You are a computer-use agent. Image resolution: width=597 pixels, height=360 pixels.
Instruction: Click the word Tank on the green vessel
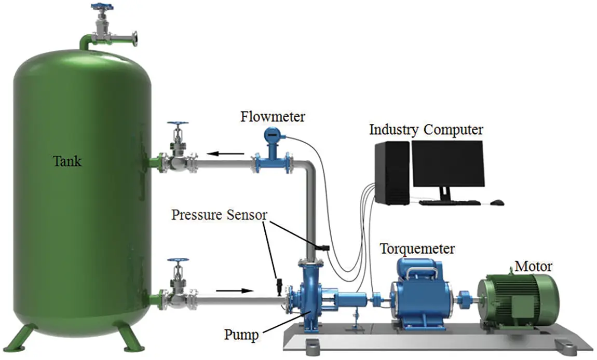coord(68,162)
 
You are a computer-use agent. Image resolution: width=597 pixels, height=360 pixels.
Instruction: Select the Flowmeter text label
coord(273,116)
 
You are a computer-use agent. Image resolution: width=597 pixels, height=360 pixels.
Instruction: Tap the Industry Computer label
coord(426,129)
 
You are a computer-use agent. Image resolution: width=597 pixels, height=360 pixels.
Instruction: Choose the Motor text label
coord(533,267)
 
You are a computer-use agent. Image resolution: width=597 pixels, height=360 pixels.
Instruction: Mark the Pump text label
coord(241,335)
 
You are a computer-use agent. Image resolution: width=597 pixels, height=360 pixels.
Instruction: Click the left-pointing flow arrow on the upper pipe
coord(226,154)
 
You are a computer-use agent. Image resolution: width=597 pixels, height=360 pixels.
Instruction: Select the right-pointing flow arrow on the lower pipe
coord(234,290)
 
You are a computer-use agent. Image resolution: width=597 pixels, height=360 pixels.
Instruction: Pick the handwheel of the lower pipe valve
coord(178,260)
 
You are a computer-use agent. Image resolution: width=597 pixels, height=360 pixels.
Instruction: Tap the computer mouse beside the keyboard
coord(496,202)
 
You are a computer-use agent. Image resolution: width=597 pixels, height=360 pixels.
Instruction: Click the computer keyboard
coord(451,202)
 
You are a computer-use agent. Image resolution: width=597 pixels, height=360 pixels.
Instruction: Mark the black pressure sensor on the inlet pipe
coord(279,285)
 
